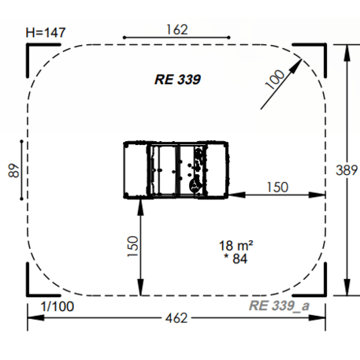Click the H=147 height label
coord(46,33)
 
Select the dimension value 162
coord(177,30)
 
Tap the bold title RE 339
coord(178,80)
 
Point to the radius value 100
coord(275,80)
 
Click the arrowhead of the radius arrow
coord(296,65)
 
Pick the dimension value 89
coord(14,171)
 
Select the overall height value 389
coord(347,170)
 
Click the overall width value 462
coord(176,318)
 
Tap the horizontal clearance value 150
coord(277,187)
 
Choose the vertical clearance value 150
coord(133,247)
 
